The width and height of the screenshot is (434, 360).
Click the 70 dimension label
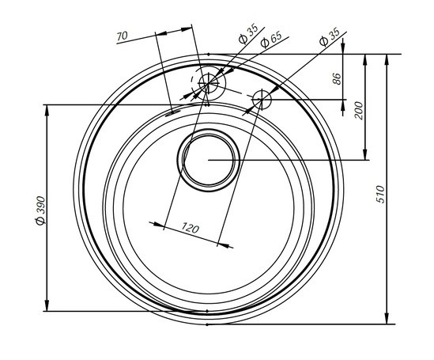point(122,36)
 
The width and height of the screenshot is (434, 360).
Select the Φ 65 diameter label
point(271,39)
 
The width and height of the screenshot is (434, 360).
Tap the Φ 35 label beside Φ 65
point(248,34)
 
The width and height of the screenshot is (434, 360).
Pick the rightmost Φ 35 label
point(330,36)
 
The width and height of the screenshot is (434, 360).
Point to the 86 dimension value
point(337,78)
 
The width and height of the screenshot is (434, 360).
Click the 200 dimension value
point(358,111)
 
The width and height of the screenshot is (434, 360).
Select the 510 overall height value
point(381,195)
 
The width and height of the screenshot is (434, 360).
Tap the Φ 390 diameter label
point(40,210)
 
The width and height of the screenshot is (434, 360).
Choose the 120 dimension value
point(191,229)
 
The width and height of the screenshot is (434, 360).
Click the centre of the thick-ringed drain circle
point(209,160)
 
